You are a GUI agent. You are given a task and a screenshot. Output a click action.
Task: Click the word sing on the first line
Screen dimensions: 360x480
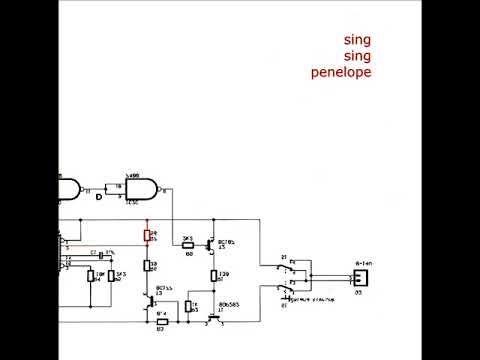click(357, 40)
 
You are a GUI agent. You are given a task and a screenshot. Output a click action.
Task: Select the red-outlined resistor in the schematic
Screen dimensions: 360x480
click(148, 236)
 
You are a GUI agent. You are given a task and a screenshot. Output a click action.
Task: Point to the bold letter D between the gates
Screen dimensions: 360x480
click(98, 196)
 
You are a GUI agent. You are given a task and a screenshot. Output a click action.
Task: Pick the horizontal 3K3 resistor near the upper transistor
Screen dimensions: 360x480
click(186, 243)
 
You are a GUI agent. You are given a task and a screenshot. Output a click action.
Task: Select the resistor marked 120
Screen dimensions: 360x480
click(214, 275)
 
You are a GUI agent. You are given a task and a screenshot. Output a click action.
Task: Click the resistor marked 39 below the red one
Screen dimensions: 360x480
click(148, 266)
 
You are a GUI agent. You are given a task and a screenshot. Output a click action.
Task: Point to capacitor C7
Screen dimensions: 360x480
click(97, 255)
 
